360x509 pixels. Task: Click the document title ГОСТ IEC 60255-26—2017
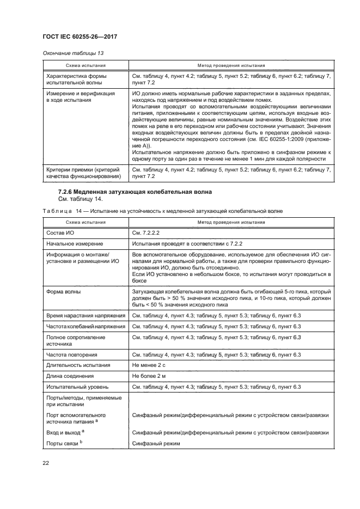pyautogui.click(x=81, y=36)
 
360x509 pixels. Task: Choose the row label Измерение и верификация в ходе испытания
pyautogui.click(x=81, y=97)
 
